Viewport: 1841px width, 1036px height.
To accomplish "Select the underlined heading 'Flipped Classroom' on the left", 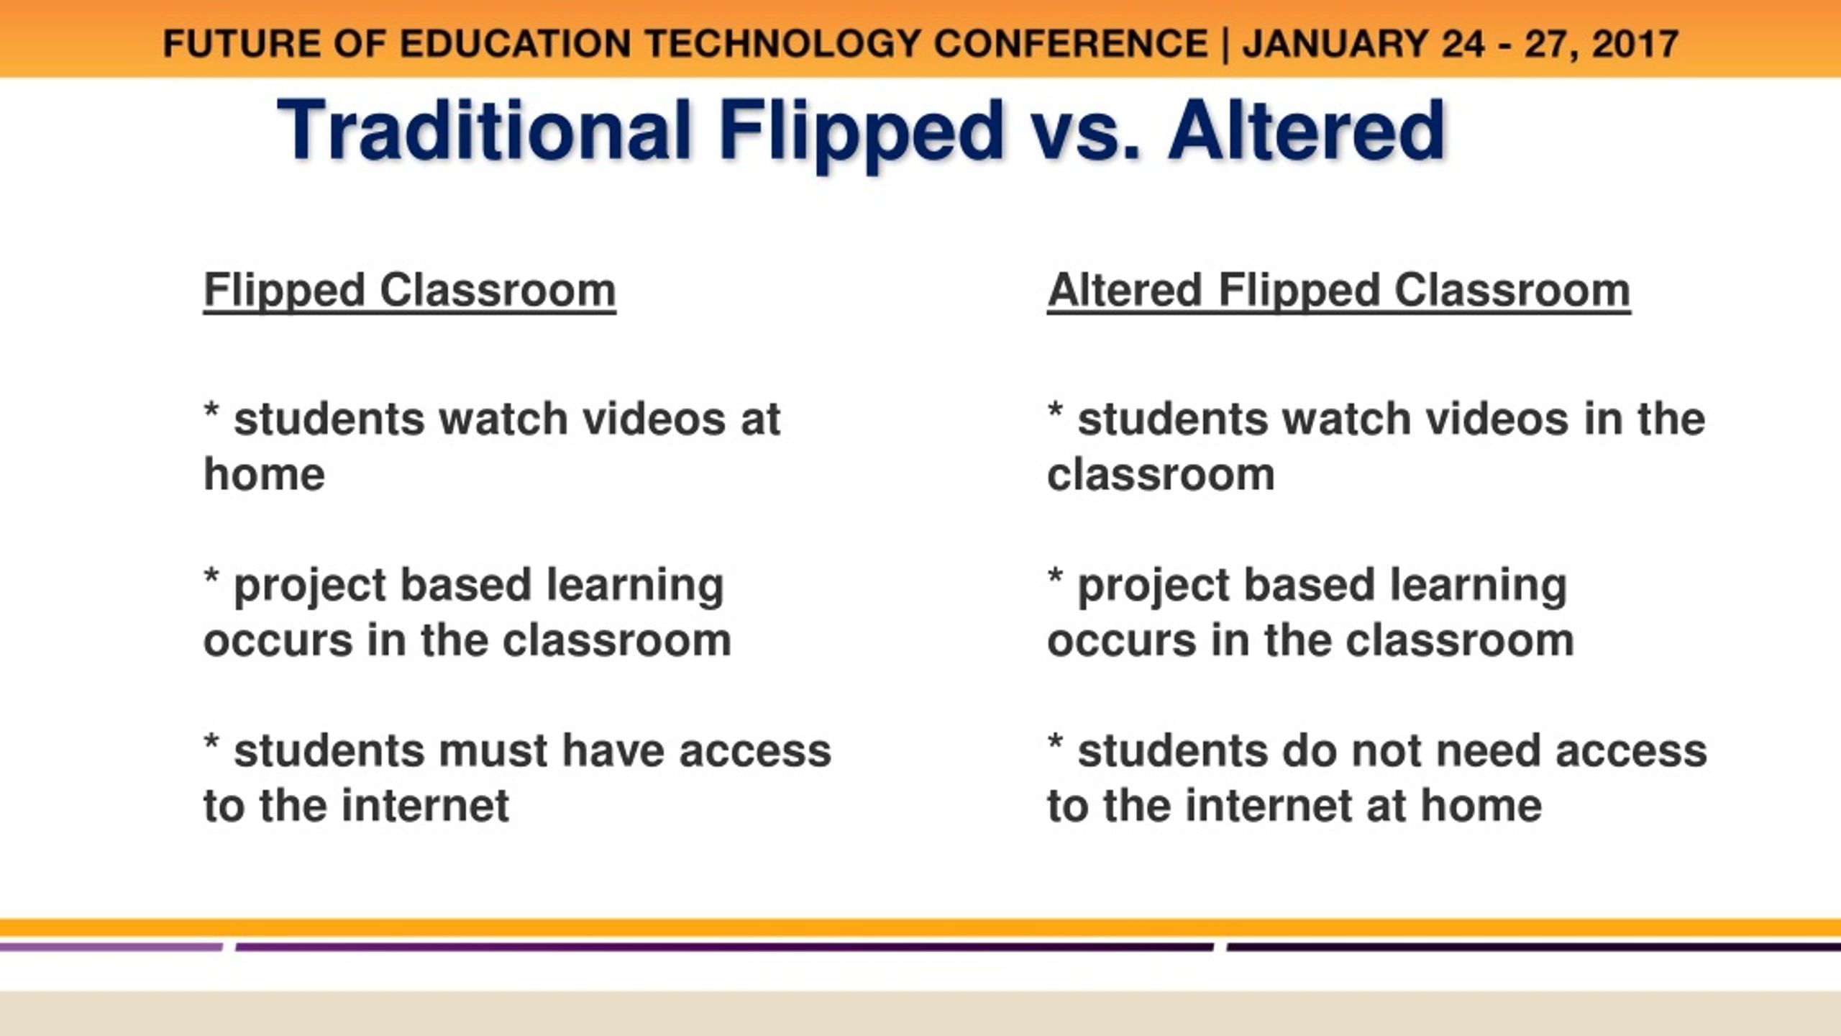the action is [x=409, y=292].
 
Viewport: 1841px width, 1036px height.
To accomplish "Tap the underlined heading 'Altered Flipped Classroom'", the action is [x=1338, y=292].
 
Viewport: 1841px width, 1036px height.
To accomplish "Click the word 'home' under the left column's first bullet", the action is [x=264, y=474].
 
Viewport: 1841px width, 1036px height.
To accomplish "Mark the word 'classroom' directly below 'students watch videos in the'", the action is [x=1161, y=475].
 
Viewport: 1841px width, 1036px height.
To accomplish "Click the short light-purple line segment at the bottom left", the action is [x=111, y=948].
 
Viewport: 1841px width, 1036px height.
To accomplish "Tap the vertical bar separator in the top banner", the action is [x=1225, y=45].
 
